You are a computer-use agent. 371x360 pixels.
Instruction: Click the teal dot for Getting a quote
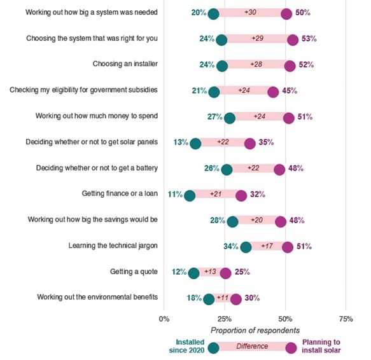(x=194, y=273)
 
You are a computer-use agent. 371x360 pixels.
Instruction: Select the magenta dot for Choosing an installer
(x=290, y=66)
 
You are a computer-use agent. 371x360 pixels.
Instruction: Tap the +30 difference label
(x=250, y=12)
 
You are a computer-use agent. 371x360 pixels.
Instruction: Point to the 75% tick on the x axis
(x=346, y=319)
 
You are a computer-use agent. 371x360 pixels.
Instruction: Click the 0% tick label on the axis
(x=164, y=319)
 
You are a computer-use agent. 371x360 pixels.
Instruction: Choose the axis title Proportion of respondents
(x=255, y=331)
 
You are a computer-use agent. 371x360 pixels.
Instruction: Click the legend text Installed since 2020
(x=186, y=346)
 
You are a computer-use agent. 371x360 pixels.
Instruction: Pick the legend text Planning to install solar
(x=321, y=346)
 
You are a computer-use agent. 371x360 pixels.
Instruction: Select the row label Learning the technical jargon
(x=113, y=246)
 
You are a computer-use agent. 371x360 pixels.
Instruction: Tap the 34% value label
(x=231, y=246)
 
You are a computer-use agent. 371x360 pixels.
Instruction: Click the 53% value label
(x=309, y=39)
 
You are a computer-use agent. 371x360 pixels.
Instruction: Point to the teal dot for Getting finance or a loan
(x=190, y=196)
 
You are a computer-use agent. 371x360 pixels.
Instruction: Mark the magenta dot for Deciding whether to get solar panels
(x=250, y=144)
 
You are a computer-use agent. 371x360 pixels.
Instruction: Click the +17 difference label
(x=267, y=246)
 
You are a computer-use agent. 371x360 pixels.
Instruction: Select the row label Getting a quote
(x=134, y=272)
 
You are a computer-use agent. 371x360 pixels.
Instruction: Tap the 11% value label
(x=175, y=195)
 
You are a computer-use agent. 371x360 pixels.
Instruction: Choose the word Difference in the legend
(x=252, y=346)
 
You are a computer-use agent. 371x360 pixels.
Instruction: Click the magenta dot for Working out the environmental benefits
(x=236, y=300)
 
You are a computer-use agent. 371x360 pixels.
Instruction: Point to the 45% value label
(x=290, y=90)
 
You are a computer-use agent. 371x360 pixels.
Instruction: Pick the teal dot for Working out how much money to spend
(x=230, y=118)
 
